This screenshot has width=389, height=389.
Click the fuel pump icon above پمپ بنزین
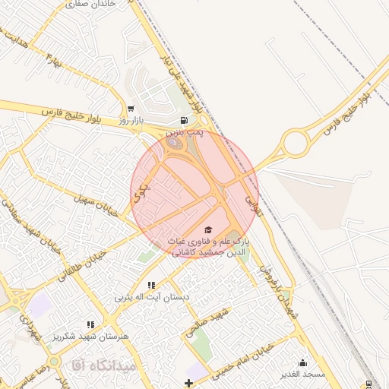(184, 120)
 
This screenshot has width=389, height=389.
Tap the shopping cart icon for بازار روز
(131, 109)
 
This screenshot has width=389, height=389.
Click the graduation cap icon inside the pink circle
(208, 229)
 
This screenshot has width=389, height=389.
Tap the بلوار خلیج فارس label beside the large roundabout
(348, 108)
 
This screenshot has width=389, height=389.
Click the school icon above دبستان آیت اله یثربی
(150, 284)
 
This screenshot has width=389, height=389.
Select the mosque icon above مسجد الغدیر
(302, 362)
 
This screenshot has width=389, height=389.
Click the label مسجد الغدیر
(302, 374)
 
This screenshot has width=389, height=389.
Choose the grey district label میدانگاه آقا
(104, 365)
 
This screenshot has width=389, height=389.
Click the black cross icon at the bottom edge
(188, 382)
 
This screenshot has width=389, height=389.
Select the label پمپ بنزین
(186, 132)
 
